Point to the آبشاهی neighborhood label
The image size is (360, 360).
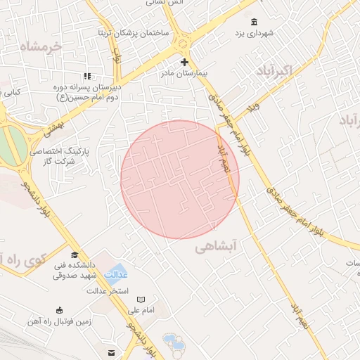[217, 247]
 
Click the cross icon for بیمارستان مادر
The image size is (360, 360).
[185, 62]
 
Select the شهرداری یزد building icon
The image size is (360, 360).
[254, 22]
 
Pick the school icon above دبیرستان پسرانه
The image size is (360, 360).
[87, 76]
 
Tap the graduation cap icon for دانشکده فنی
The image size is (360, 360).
[74, 255]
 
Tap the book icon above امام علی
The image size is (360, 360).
[141, 300]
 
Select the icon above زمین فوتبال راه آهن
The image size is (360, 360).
[58, 310]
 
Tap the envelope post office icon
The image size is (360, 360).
[111, 352]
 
